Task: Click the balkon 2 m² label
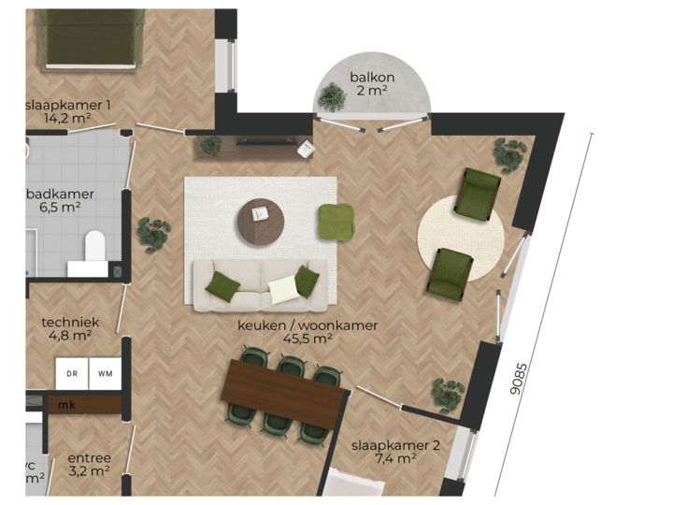pyautogui.click(x=372, y=83)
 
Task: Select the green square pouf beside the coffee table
pyautogui.click(x=336, y=222)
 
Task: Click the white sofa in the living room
pyautogui.click(x=262, y=285)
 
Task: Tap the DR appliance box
pyautogui.click(x=72, y=373)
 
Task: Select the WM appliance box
pyautogui.click(x=105, y=373)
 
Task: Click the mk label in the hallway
pyautogui.click(x=67, y=405)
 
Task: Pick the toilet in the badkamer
pyautogui.click(x=93, y=250)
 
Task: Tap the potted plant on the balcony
pyautogui.click(x=332, y=95)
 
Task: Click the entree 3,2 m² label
pyautogui.click(x=90, y=465)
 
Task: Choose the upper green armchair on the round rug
pyautogui.click(x=479, y=195)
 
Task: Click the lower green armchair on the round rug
pyautogui.click(x=449, y=274)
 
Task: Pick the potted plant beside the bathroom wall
pyautogui.click(x=152, y=233)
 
